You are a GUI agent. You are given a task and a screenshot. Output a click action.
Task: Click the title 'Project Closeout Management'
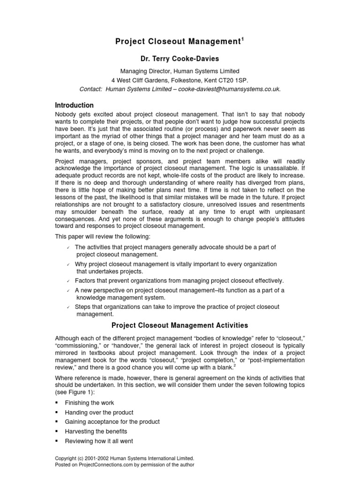[177, 42]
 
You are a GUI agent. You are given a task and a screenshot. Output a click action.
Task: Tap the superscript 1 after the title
[242, 39]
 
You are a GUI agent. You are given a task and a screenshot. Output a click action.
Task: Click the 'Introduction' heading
[75, 105]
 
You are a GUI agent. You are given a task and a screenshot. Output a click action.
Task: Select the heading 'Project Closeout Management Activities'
[180, 325]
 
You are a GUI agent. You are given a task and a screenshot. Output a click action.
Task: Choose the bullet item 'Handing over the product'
[99, 412]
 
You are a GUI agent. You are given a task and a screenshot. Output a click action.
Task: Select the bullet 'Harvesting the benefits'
[96, 431]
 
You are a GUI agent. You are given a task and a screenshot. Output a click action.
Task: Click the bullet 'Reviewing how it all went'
[99, 441]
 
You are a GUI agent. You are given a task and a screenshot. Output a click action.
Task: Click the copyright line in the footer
[124, 458]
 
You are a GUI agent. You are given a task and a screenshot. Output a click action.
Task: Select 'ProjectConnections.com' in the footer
[100, 465]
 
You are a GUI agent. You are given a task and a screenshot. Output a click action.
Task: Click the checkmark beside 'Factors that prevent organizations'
[68, 281]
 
